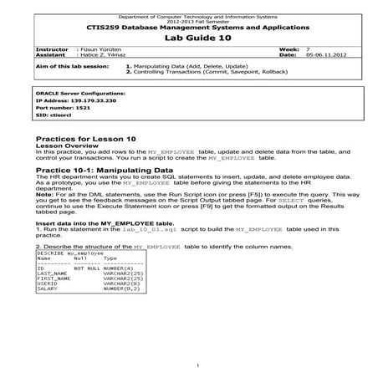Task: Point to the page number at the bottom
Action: click(196, 365)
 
